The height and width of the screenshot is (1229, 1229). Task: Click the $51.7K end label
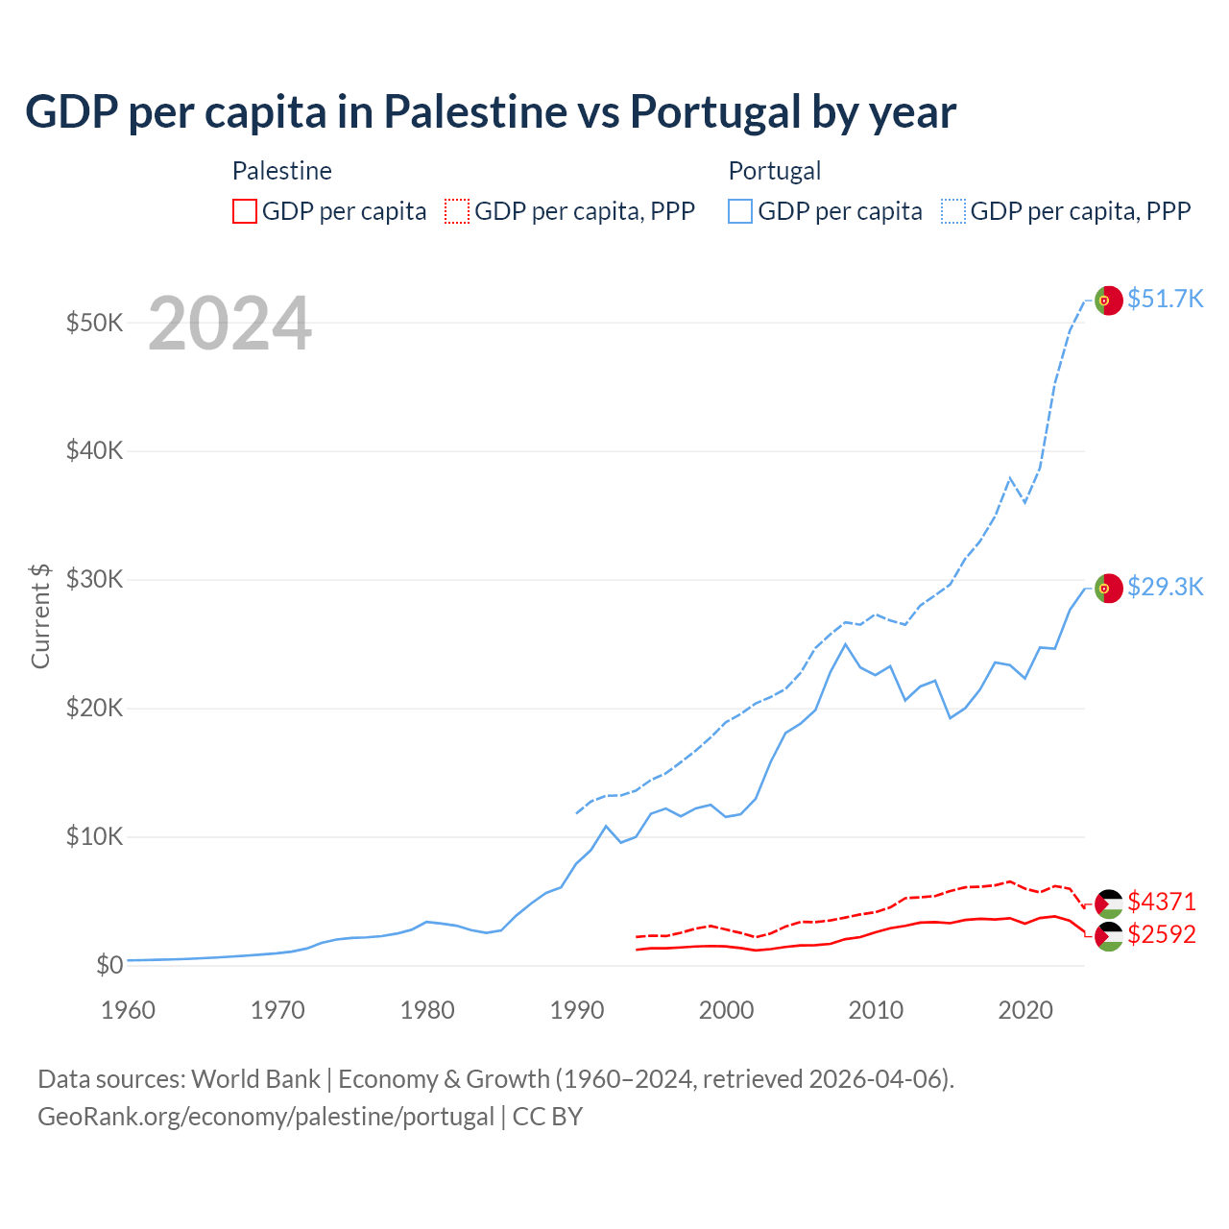tap(1165, 299)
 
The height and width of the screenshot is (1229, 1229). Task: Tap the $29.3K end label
tap(1165, 587)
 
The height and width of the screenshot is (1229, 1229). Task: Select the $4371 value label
tap(1162, 902)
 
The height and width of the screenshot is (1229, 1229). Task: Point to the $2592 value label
tap(1162, 934)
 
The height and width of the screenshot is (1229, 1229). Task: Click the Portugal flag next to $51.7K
tap(1109, 301)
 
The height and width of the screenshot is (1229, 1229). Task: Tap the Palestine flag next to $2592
tap(1109, 936)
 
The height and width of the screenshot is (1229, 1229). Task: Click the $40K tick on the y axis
tap(94, 450)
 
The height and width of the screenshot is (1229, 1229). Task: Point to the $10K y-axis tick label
tap(94, 836)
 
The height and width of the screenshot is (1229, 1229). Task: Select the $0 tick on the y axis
tap(109, 965)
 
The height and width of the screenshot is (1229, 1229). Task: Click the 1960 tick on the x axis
tap(128, 1010)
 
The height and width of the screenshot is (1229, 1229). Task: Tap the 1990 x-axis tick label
tap(577, 1010)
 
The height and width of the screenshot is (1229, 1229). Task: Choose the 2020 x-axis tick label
tap(1025, 1010)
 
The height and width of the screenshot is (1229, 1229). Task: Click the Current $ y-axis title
tap(40, 614)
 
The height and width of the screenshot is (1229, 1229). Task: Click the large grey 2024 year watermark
tap(230, 324)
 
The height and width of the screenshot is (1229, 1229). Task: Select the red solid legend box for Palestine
tap(245, 211)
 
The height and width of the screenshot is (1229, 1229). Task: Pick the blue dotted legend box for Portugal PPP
tap(953, 211)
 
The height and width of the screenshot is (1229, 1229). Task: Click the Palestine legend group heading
tap(282, 171)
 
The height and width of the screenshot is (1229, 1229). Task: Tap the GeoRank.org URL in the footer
tap(265, 1117)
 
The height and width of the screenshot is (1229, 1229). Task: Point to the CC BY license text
tap(547, 1117)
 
